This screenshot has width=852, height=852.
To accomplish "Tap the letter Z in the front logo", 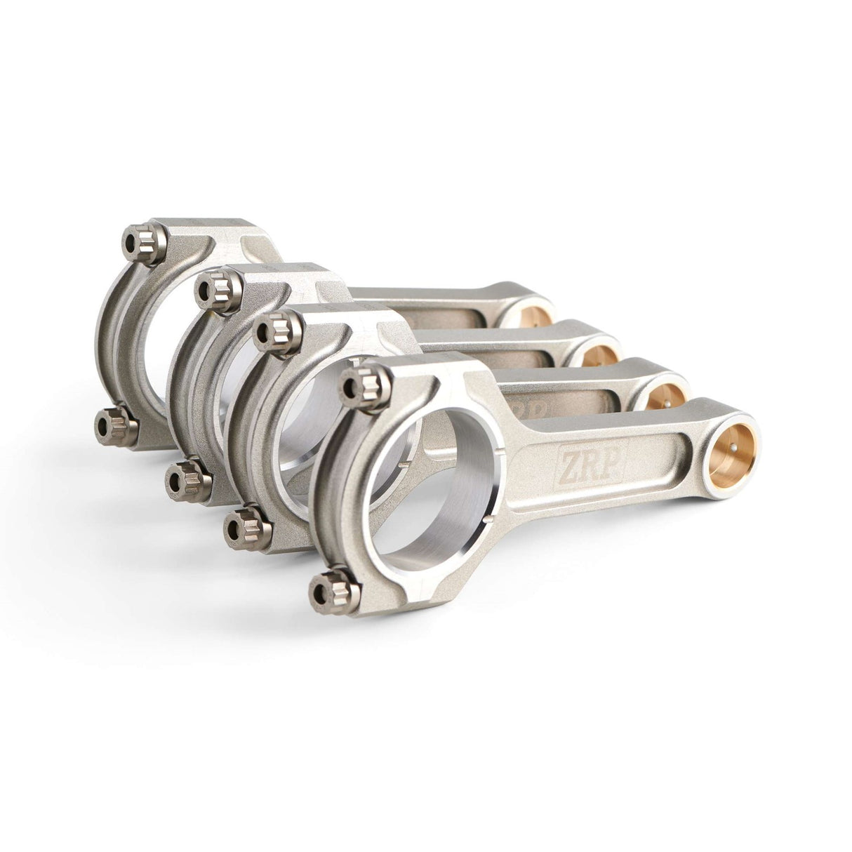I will coord(569,464).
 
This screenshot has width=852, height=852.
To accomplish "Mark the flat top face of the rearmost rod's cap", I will coord(211,232).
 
